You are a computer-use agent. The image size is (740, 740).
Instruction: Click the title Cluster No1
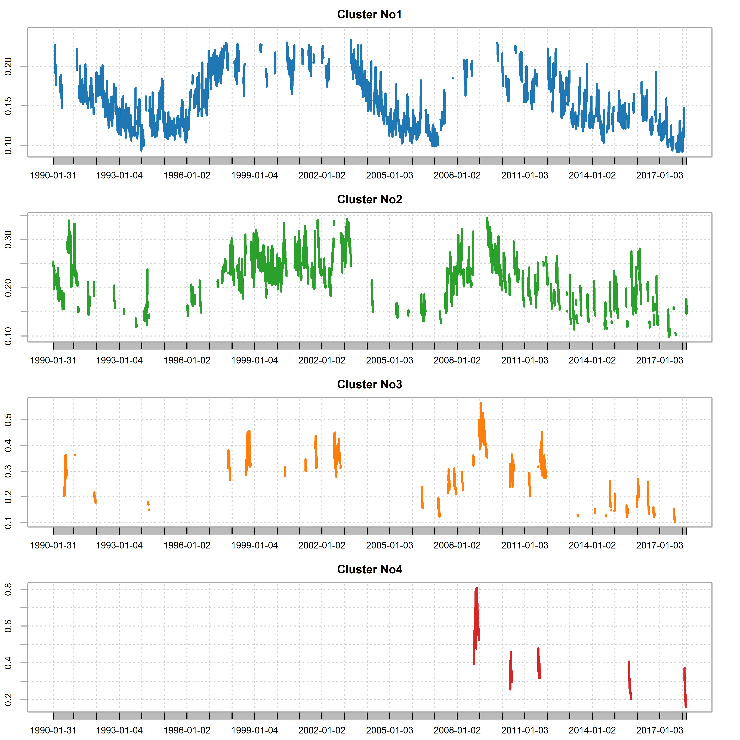coord(369,15)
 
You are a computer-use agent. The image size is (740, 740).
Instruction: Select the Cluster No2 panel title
coord(369,200)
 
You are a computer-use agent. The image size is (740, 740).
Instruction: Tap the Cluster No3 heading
coord(369,385)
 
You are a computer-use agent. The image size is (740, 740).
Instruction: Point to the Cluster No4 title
coord(369,570)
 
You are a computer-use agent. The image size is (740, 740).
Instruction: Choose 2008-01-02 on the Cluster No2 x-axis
coord(457,360)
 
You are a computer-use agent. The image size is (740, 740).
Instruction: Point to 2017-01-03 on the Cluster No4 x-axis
coord(659,730)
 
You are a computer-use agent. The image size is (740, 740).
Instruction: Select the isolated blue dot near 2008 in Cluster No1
coord(453,78)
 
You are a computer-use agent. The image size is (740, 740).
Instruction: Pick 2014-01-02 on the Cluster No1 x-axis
coord(592,175)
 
